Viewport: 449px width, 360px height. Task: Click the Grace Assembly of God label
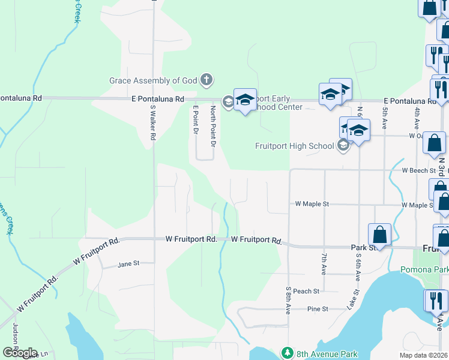point(154,80)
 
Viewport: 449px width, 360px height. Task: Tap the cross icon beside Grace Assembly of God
point(206,80)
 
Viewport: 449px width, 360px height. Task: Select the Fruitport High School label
point(294,146)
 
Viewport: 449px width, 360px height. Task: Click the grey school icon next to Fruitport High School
point(343,146)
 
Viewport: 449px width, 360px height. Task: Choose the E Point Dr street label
point(196,127)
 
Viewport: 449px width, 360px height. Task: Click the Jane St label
point(128,263)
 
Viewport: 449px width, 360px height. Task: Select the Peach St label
point(306,291)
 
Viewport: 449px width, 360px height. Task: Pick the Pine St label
point(318,309)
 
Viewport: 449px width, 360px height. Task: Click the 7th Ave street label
point(324,264)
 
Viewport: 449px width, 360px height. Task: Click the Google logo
point(20,352)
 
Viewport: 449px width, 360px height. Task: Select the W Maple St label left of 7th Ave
point(312,204)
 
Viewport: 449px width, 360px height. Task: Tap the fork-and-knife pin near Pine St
point(435,299)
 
